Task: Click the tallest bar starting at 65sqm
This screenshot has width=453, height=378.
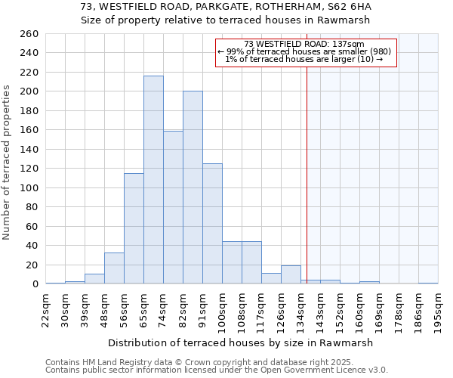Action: pos(153,180)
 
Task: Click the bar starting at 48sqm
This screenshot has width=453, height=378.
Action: pos(114,268)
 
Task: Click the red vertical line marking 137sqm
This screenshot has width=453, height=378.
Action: pos(307,166)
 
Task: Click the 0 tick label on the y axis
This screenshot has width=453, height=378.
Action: pos(35,284)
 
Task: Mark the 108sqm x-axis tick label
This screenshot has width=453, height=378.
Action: pos(242,309)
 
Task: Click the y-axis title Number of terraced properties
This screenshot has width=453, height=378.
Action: pos(7,162)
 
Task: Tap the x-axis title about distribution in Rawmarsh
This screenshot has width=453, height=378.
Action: pos(242,342)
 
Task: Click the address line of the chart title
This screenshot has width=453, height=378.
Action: pos(226,7)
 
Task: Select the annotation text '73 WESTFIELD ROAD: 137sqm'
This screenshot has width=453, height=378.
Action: pos(305,44)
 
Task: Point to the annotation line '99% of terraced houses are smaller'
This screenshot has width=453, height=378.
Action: pos(304,51)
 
